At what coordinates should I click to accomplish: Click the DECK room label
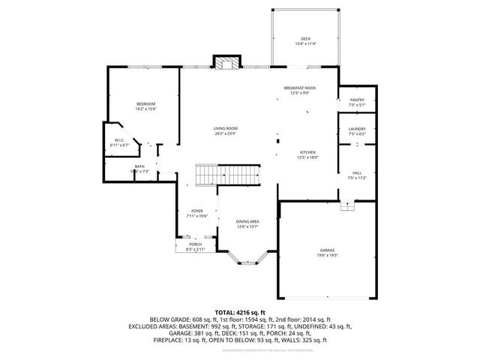tap(305, 39)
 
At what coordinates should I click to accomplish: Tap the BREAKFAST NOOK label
tap(300, 88)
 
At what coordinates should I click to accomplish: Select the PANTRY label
tap(356, 100)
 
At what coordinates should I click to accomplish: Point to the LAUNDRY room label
tap(356, 129)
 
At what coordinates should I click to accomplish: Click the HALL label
tap(356, 173)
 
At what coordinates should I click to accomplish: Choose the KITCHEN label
tap(308, 152)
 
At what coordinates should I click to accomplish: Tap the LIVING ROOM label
tap(226, 129)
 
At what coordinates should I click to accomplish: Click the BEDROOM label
tap(145, 103)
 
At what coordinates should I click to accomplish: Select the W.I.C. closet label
tap(120, 140)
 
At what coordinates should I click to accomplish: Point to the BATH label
tap(139, 166)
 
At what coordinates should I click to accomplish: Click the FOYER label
tap(197, 211)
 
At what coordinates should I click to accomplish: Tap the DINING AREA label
tap(247, 222)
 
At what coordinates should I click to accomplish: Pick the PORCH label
tap(195, 244)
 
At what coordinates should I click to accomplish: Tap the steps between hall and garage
tap(346, 206)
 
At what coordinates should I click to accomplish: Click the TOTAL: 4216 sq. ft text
tap(240, 311)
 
